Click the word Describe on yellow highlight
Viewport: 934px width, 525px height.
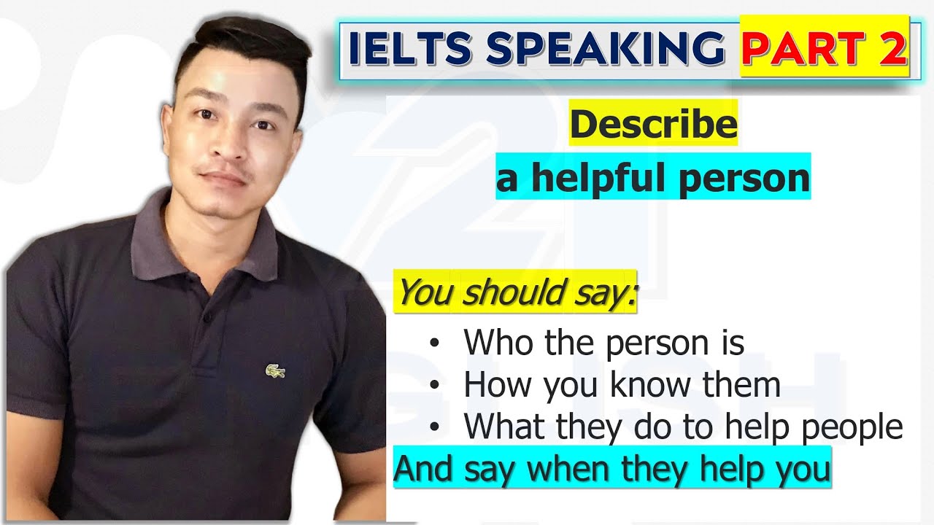point(653,125)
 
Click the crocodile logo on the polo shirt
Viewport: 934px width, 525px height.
point(275,372)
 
